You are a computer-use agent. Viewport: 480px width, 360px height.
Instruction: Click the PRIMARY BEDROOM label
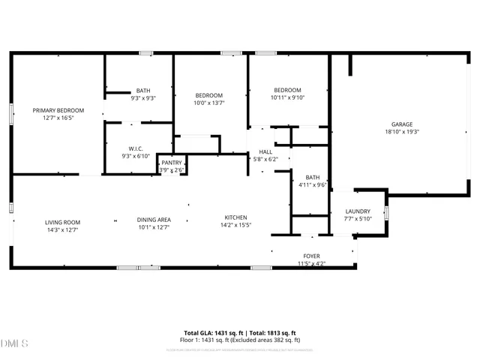coord(58,110)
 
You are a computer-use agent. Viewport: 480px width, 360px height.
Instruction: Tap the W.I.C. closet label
coord(136,147)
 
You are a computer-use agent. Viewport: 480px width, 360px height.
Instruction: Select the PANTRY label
coord(172,162)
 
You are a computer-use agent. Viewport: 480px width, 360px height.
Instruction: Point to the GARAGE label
coord(401,124)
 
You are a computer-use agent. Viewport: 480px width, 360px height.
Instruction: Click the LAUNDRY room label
coord(358,211)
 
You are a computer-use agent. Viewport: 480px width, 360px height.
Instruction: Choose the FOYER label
coord(311,256)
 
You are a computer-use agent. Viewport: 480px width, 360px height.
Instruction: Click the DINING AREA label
coord(153,220)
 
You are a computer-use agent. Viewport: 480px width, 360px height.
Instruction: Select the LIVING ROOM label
coord(62,222)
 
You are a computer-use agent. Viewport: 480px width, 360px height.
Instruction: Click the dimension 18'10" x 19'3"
coord(401,132)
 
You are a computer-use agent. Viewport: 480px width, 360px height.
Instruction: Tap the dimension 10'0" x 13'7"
coord(209,103)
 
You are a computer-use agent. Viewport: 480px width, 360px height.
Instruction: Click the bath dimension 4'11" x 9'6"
coord(312,184)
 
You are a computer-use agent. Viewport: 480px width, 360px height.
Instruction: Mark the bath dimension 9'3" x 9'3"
coord(142,98)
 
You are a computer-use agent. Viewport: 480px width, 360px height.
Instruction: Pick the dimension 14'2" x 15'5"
coord(235,224)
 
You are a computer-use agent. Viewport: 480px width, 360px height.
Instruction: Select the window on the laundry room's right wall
coord(386,212)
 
